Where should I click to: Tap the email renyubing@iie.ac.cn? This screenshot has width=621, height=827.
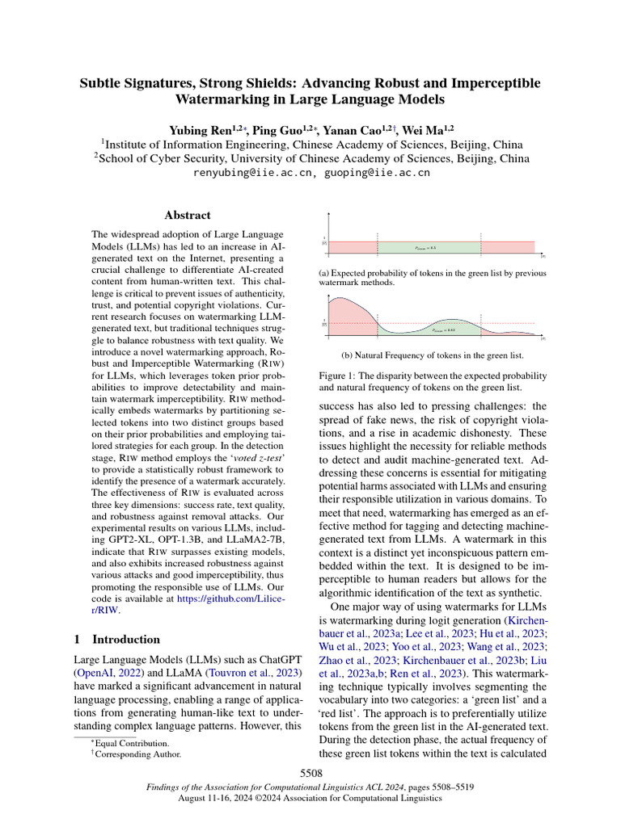252,173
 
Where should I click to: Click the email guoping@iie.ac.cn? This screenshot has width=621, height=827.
376,173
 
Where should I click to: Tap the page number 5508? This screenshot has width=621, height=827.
310,774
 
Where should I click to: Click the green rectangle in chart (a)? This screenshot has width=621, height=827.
429,246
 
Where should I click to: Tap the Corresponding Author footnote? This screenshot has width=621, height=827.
137,754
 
